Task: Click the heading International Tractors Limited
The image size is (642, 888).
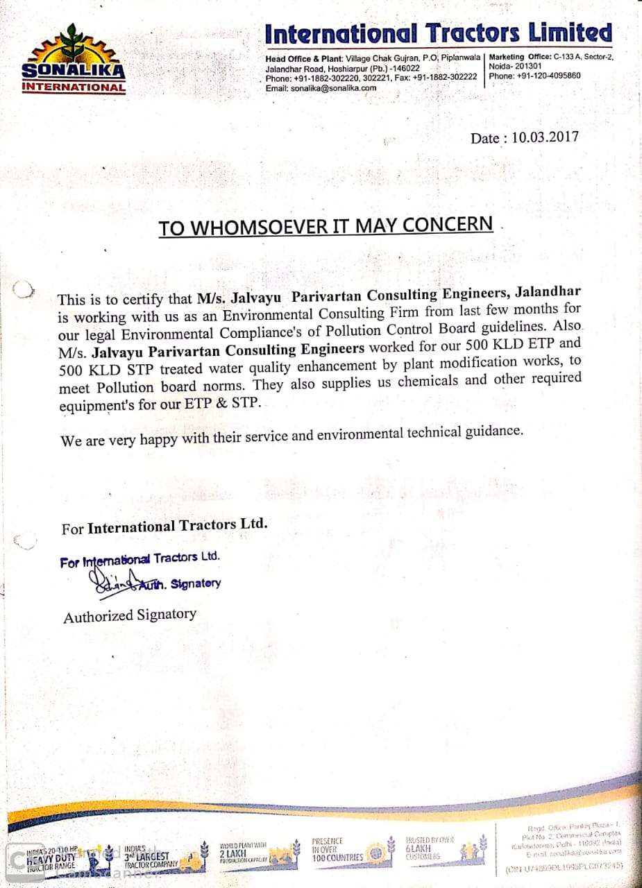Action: tap(439, 33)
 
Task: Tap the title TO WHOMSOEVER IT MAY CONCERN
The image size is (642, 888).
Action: tap(326, 227)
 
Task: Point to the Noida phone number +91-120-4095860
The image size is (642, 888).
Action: tap(535, 76)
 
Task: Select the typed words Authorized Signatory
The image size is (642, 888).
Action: tap(130, 615)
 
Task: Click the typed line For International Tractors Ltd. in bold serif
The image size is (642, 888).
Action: tap(164, 527)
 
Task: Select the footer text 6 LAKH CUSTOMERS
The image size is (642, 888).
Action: tap(423, 848)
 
